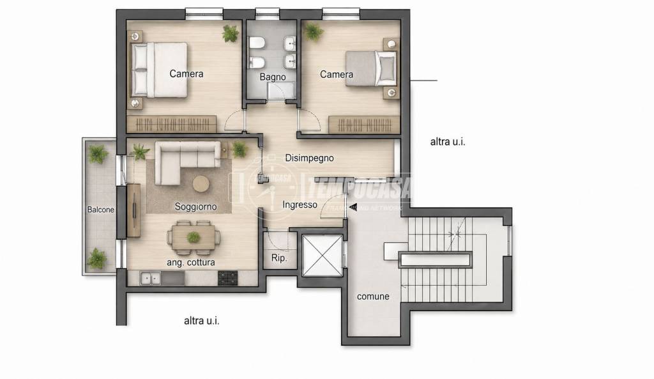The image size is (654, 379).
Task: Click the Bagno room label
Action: pos(272,77)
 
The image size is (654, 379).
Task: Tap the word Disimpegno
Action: pos(309,159)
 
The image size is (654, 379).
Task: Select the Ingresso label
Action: pos(300,205)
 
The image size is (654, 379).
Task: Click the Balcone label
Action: pos(100,210)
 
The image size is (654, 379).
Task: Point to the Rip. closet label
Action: pos(279,258)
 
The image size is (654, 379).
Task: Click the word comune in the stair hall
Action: pos(373,297)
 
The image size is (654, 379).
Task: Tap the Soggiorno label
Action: pos(195,206)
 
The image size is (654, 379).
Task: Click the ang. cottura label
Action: pos(190,263)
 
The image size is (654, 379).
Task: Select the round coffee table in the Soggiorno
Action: pos(201,184)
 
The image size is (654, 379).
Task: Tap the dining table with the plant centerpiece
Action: pos(193,238)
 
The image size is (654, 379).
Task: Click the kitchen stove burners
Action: pos(228,278)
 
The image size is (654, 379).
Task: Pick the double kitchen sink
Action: pos(151,279)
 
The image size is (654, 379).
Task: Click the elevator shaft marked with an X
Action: pos(322,256)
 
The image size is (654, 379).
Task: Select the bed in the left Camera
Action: pos(159,70)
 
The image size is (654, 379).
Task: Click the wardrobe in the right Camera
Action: pos(363,125)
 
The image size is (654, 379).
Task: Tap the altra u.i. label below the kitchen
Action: pos(201,321)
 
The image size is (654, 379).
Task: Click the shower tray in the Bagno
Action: pos(281,91)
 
